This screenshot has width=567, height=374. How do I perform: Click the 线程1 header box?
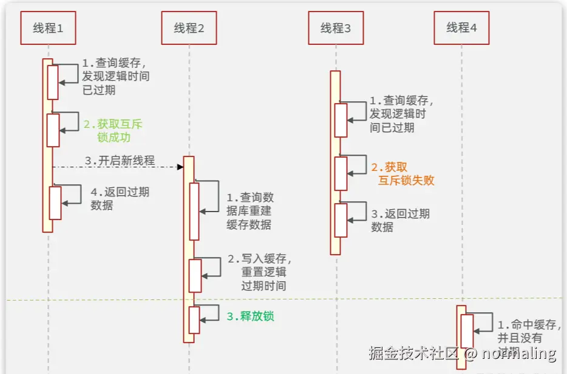[x=48, y=28]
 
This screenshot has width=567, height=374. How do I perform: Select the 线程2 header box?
[x=189, y=28]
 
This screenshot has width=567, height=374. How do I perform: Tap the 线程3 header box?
[x=336, y=28]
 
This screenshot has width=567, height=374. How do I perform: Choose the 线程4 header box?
[x=461, y=27]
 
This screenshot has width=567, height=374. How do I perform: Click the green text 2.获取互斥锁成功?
[x=114, y=130]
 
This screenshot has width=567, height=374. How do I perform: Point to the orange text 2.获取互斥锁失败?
[x=402, y=173]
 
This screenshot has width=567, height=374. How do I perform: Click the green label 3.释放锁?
[x=250, y=316]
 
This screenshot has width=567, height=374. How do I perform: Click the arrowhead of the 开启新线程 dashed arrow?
[x=180, y=167]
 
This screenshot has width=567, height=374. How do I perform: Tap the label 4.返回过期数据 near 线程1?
[x=120, y=198]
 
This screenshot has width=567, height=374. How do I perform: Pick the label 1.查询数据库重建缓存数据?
[x=250, y=211]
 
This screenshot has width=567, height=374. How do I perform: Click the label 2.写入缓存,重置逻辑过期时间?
[x=260, y=272]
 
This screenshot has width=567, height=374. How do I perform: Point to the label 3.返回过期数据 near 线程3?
[x=400, y=220]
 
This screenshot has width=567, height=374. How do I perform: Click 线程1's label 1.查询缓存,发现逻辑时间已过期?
[x=115, y=76]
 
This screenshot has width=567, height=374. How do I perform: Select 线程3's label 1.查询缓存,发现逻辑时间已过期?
[x=401, y=114]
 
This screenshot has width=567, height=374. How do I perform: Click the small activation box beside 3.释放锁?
[x=194, y=319]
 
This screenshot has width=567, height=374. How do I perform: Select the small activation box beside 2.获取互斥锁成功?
[x=53, y=130]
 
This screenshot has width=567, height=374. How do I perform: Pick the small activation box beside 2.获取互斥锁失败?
[x=341, y=173]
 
